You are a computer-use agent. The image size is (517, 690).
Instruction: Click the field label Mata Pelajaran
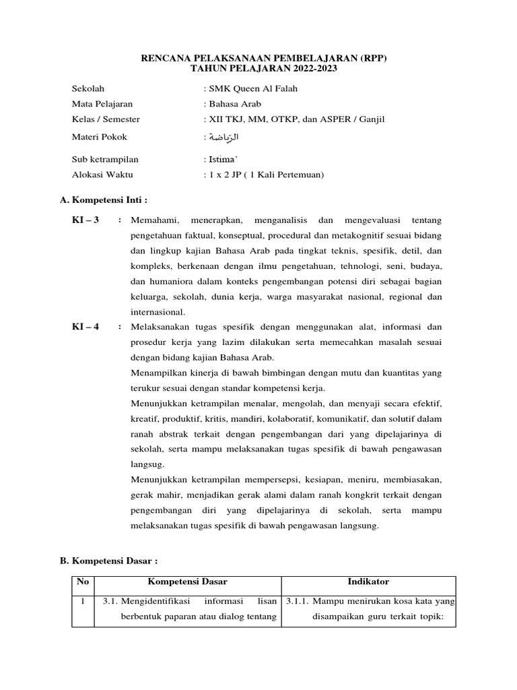coord(102,104)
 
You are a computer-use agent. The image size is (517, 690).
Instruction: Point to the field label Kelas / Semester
coord(106,119)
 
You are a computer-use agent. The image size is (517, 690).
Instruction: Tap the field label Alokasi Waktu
coord(102,175)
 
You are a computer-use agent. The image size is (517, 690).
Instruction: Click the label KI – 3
coord(85,220)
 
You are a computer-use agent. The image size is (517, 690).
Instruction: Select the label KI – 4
coord(85,326)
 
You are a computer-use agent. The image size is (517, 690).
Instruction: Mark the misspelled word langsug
coord(145,464)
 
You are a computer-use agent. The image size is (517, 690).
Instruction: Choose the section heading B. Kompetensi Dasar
coord(108,561)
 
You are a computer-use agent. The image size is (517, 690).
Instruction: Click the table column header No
coord(82,582)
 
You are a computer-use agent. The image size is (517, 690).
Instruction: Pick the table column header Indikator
coord(368,582)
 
